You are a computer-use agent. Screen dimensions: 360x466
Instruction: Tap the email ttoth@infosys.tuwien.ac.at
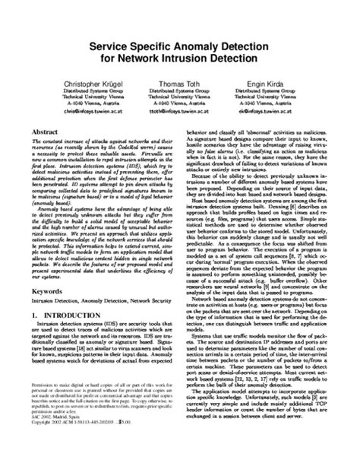point(179,110)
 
